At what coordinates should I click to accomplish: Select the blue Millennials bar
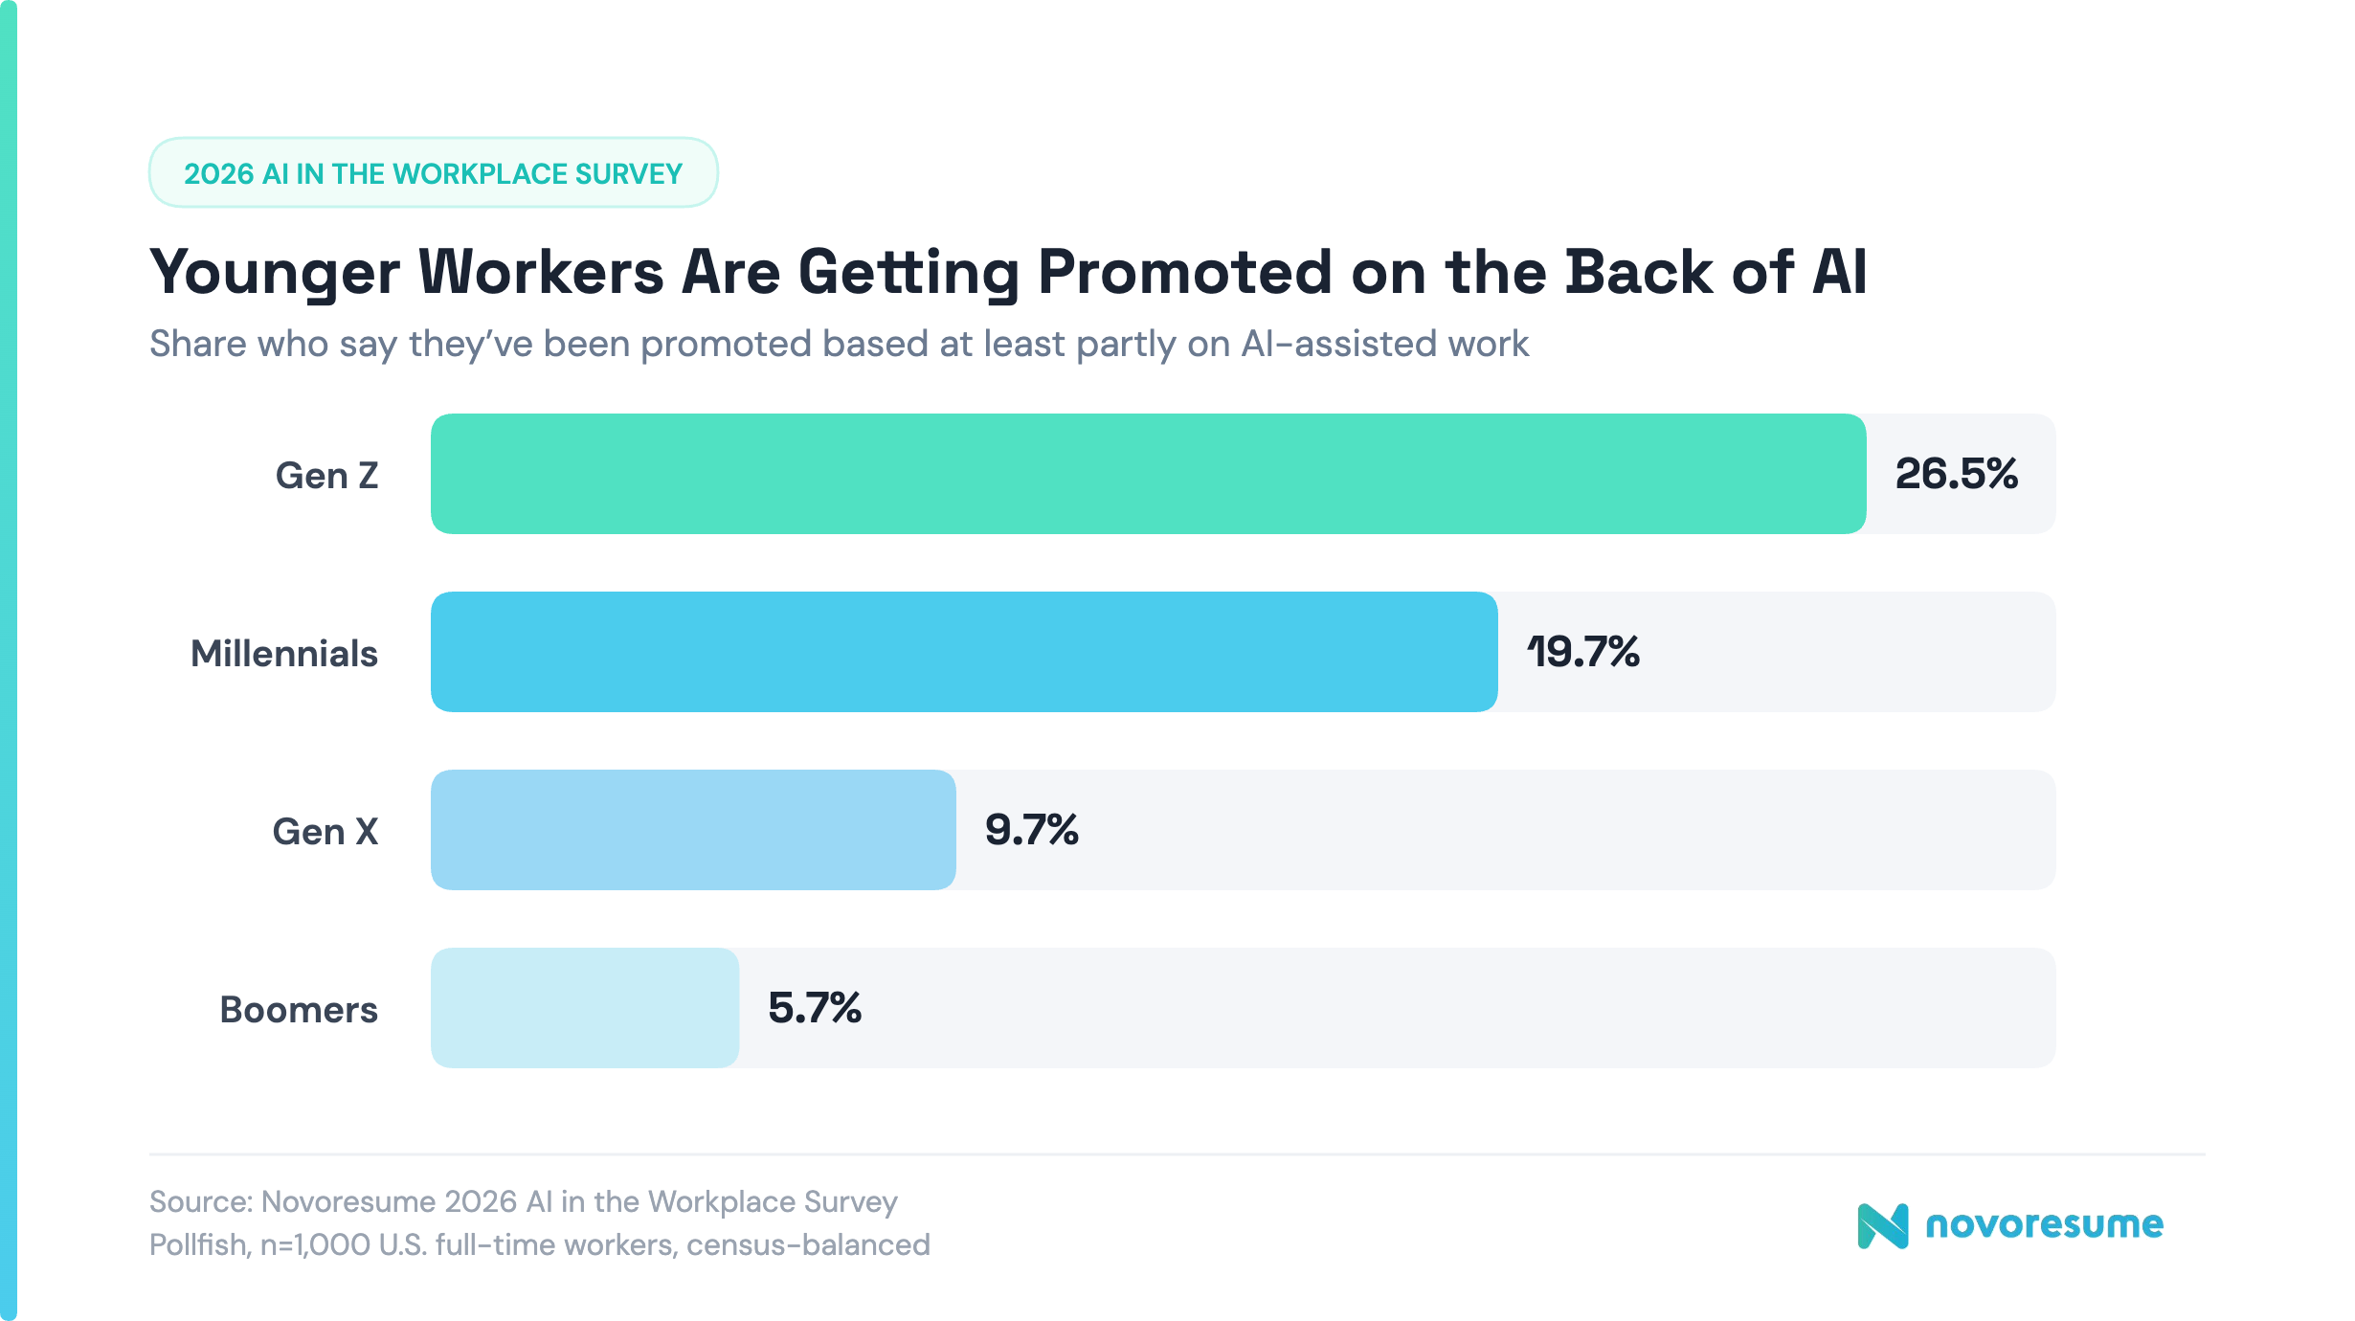[x=963, y=652]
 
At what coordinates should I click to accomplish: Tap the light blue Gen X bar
[x=692, y=830]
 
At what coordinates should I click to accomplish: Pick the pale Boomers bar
[x=584, y=1008]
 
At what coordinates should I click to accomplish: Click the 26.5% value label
[x=1956, y=474]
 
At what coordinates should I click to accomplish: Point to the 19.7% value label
[x=1582, y=652]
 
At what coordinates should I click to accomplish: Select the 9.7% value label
[x=1031, y=830]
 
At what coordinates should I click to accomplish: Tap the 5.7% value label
[x=814, y=1008]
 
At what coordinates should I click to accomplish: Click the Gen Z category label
[x=326, y=476]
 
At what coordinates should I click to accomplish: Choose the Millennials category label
[x=284, y=654]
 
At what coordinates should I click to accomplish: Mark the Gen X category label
[x=325, y=832]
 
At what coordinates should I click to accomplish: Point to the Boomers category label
[x=299, y=1010]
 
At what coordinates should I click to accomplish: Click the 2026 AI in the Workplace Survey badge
[x=433, y=173]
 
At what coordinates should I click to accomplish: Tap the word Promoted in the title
[x=1184, y=272]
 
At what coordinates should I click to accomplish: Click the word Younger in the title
[x=274, y=274]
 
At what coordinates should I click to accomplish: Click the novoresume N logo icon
[x=1882, y=1225]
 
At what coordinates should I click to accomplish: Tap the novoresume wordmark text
[x=2044, y=1224]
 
